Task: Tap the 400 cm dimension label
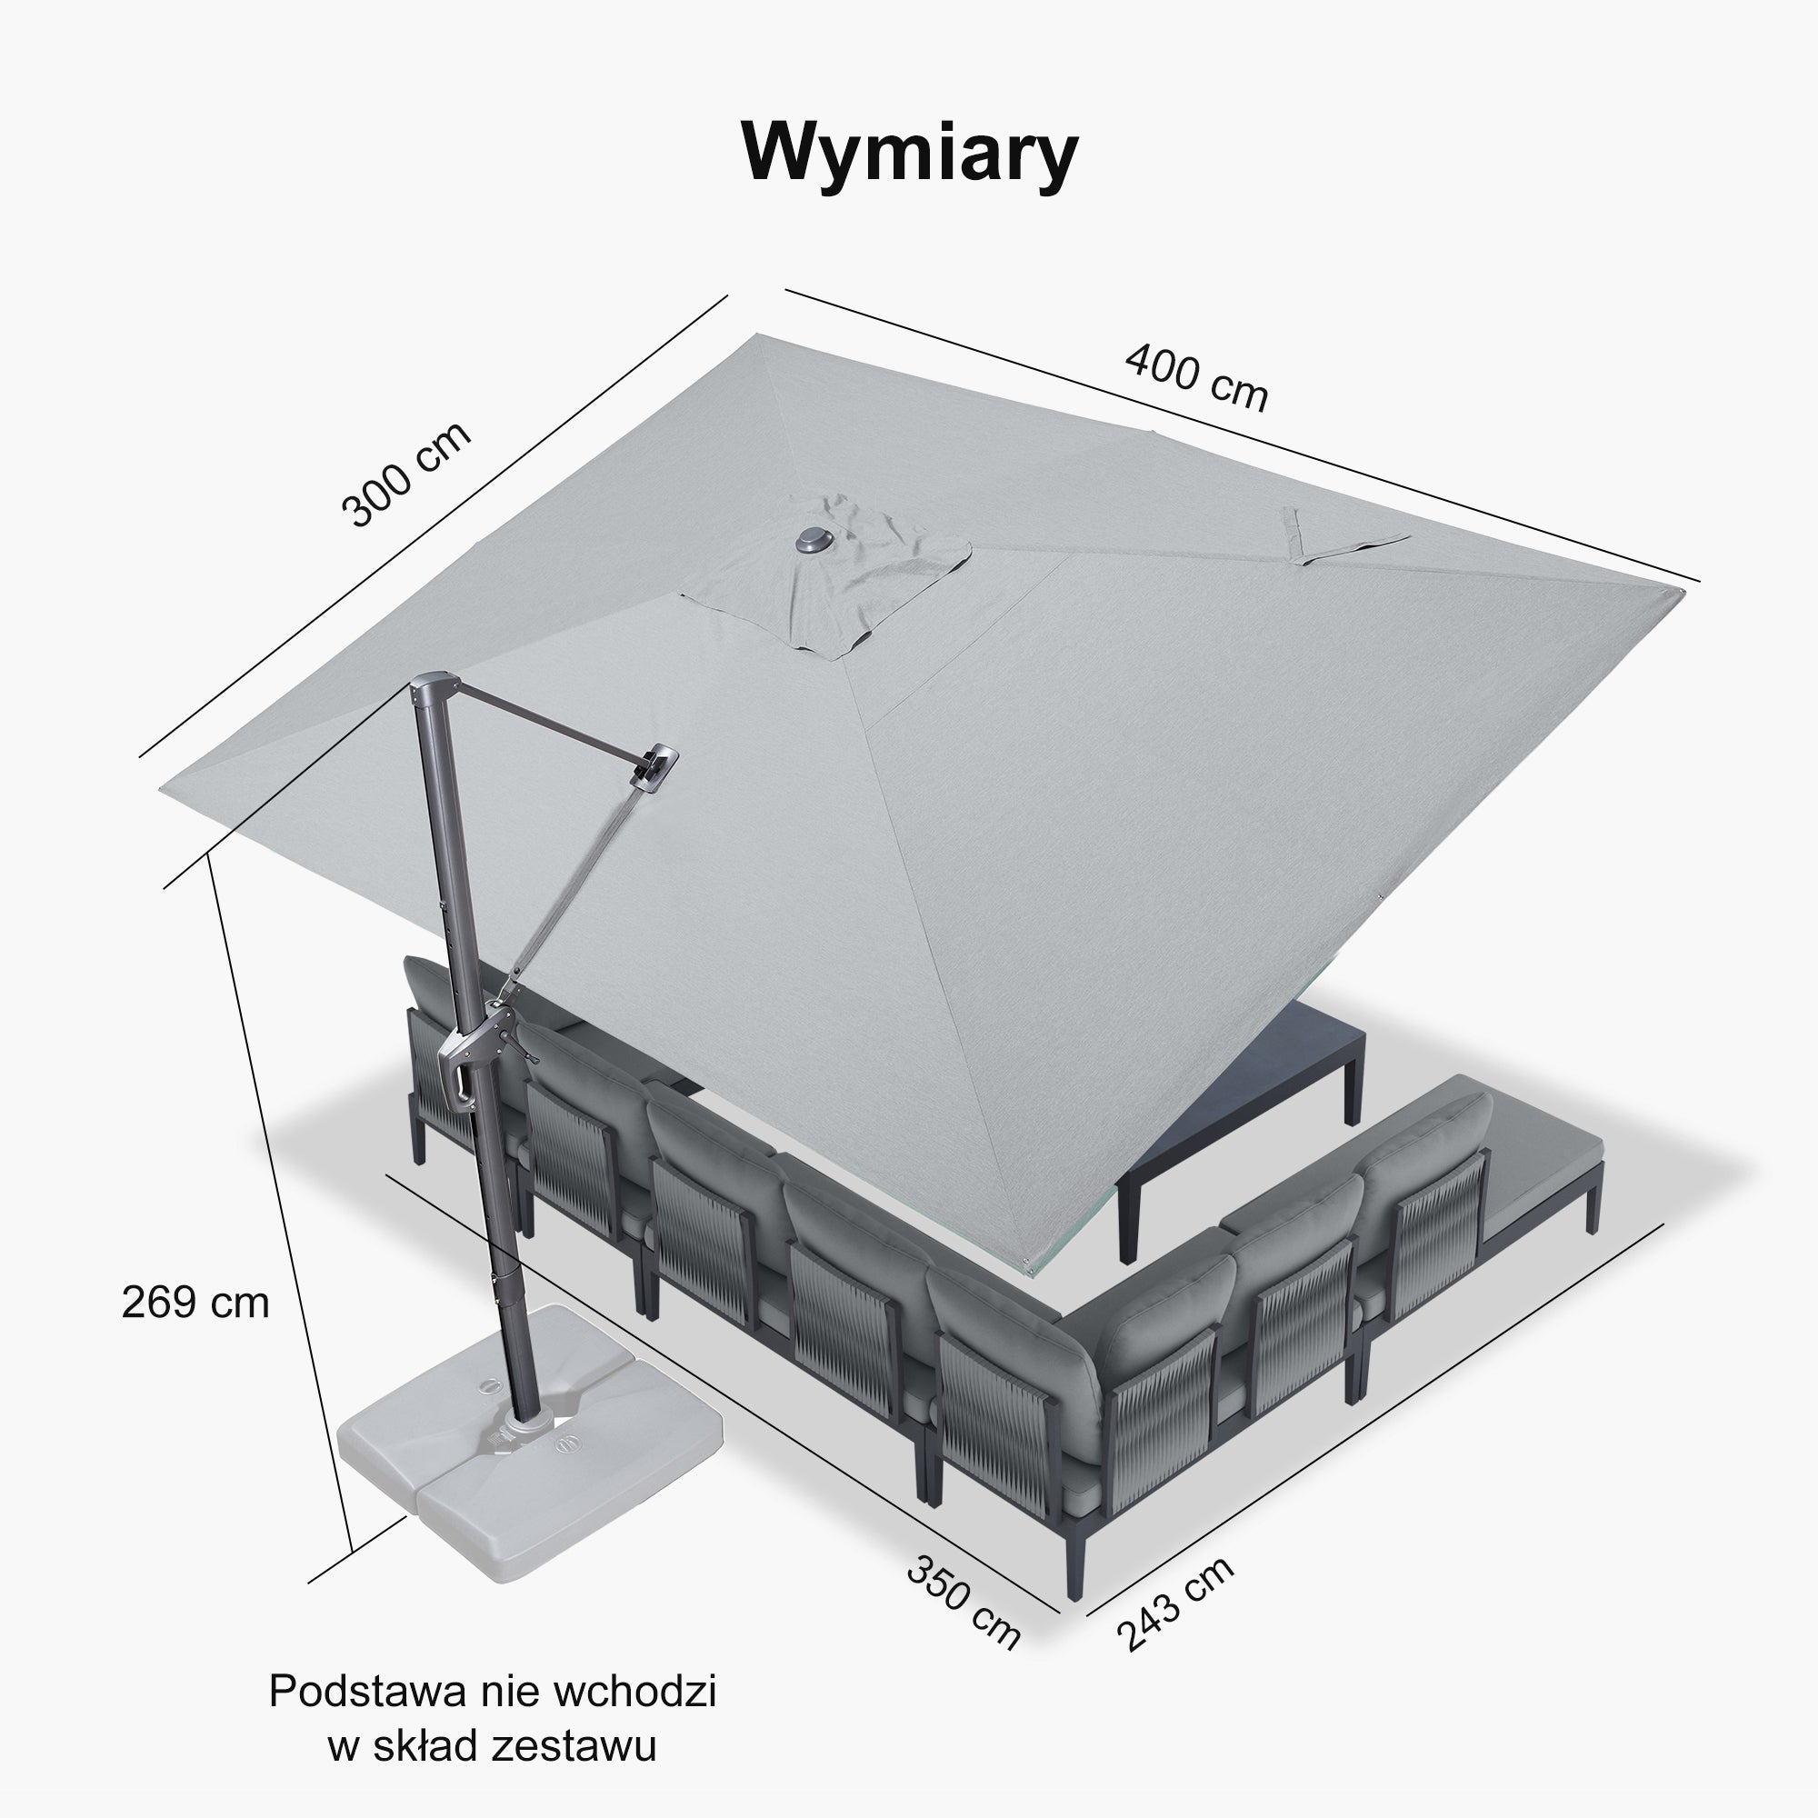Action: (x=1197, y=377)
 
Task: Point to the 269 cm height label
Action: (x=195, y=1303)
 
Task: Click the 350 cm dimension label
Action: (x=964, y=1603)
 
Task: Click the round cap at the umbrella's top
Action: (x=810, y=540)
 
